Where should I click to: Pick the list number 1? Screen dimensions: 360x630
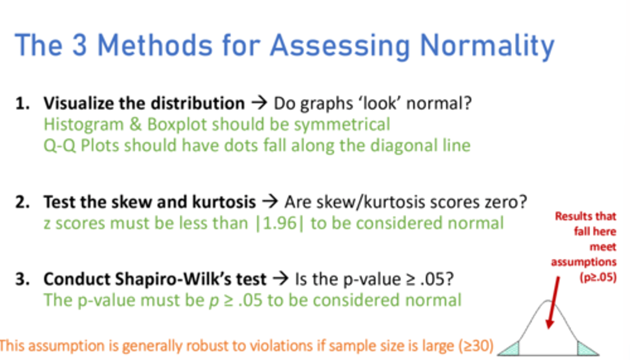click(22, 104)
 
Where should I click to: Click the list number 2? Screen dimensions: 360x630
click(22, 203)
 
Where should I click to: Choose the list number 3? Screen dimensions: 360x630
click(22, 279)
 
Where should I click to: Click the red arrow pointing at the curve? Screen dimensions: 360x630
click(553, 302)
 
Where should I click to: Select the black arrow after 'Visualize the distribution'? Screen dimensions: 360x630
click(259, 104)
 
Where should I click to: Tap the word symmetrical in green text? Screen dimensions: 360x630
click(342, 125)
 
